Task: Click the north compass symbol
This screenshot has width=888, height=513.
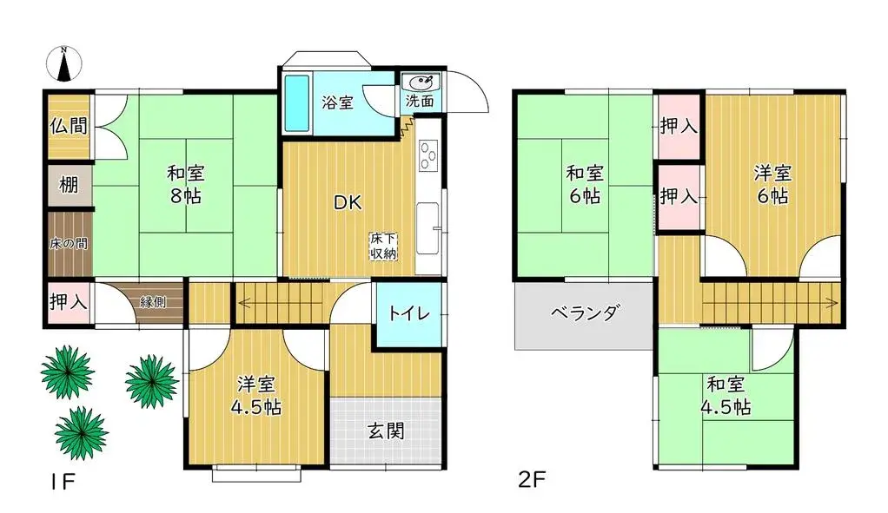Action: [64, 62]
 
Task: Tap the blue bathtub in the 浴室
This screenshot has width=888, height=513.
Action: [296, 102]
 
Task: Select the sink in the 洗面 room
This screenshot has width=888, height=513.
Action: [421, 82]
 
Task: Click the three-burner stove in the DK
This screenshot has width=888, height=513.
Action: [427, 155]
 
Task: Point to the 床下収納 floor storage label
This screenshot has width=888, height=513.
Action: [383, 246]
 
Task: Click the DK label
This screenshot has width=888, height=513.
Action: [348, 202]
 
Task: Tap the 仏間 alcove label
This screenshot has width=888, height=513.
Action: [69, 126]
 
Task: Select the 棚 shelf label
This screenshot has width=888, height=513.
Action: [69, 184]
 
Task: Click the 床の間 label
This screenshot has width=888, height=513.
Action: [69, 244]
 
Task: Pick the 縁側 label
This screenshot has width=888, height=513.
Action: [153, 302]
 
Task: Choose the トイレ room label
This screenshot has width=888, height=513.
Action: [409, 313]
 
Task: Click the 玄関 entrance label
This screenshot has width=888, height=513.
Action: [387, 431]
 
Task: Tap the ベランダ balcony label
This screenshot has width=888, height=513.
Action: [586, 312]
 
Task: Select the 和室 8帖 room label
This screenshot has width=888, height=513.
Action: [185, 184]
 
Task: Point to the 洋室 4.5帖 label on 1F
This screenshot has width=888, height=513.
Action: [256, 396]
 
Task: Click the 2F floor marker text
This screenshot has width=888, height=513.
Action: [532, 480]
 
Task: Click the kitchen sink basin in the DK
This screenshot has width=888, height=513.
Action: [427, 228]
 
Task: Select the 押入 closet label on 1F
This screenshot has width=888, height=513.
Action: [68, 303]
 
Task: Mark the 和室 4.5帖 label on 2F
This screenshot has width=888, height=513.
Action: [726, 396]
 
